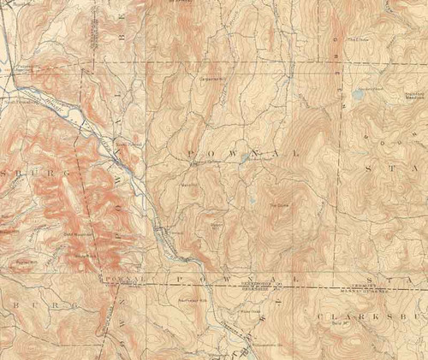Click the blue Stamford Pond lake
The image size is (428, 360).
[357, 95]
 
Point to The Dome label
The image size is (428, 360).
[280, 204]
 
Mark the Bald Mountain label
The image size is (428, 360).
[77, 233]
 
